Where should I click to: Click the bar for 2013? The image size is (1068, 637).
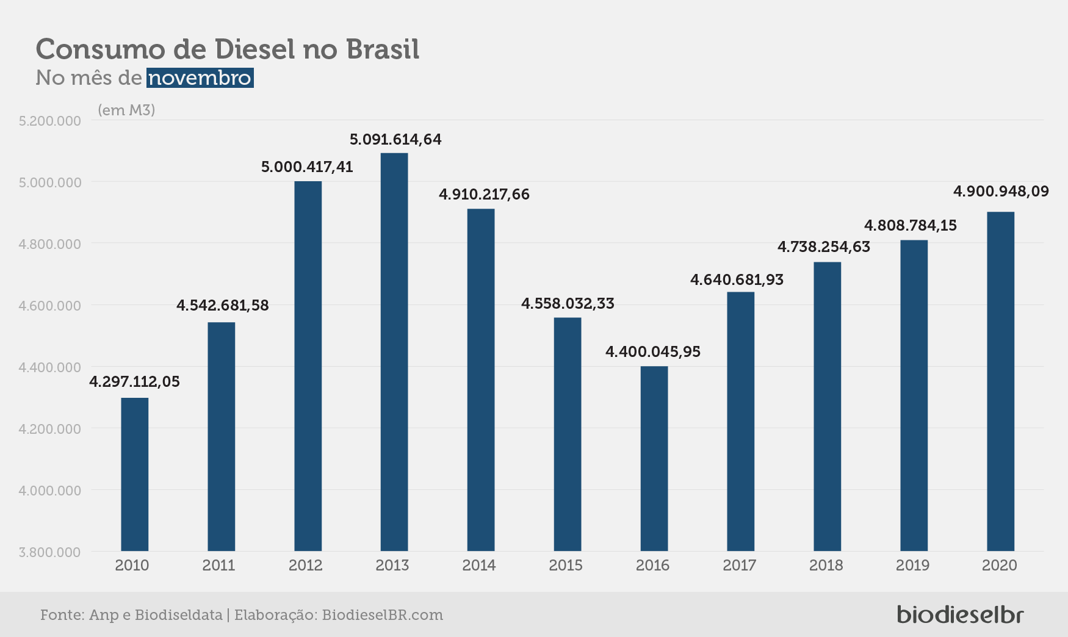coord(394,352)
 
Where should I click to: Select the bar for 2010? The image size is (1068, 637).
coord(135,475)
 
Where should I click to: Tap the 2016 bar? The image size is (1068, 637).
coord(654,459)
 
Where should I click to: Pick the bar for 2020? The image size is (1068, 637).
coord(1001,381)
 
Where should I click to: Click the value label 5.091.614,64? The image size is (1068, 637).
coord(395,140)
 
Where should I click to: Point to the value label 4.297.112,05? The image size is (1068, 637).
coord(135,382)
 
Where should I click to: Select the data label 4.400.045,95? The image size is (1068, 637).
coord(653,352)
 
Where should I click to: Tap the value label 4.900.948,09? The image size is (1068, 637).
coord(1001,192)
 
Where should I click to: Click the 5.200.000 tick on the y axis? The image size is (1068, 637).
coord(50,121)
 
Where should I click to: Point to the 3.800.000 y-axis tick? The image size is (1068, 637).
coord(50,552)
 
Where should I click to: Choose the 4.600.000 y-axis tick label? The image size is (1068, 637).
coord(50,306)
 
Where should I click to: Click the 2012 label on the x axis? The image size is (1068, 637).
coord(306,566)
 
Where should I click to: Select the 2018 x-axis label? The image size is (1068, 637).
coord(826,566)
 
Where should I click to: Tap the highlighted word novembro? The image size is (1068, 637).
coord(200,78)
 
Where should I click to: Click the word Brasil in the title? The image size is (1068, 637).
coord(383,49)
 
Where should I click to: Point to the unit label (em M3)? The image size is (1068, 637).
coord(126,110)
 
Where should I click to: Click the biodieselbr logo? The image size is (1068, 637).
coord(960,614)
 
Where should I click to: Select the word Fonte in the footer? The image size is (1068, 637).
coord(62,615)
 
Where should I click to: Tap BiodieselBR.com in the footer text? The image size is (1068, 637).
coord(383,615)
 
